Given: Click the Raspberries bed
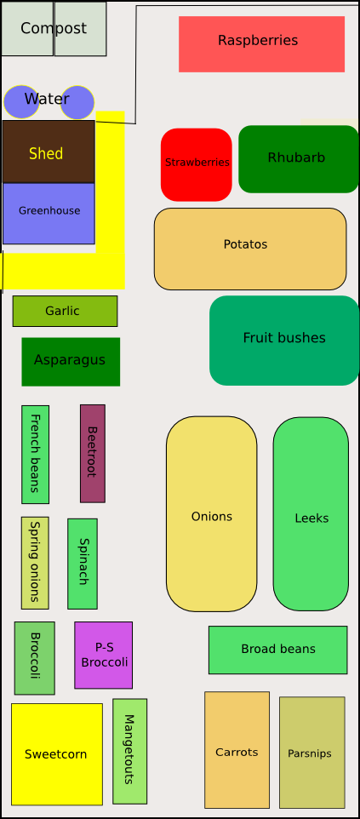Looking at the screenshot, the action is click(x=261, y=44).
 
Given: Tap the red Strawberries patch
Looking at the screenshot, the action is click(x=196, y=164).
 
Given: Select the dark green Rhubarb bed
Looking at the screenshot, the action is click(x=299, y=159).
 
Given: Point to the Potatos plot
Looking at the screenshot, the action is click(x=250, y=249).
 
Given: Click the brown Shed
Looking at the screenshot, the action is click(x=49, y=152).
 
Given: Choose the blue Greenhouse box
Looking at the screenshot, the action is click(x=49, y=213).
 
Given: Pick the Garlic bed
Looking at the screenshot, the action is click(x=65, y=311).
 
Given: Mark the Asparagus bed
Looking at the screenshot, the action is click(x=71, y=362).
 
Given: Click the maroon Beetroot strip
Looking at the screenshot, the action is click(x=93, y=454).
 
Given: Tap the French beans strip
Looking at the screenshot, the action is click(x=35, y=455).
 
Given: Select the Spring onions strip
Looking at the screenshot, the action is click(x=35, y=563).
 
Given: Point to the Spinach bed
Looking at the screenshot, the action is click(x=82, y=564).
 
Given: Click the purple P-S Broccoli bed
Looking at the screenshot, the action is click(x=104, y=655).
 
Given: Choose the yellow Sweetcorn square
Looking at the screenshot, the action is click(x=57, y=754).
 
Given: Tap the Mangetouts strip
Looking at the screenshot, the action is click(x=129, y=751).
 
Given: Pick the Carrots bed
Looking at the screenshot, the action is click(x=237, y=749).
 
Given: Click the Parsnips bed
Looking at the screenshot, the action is click(x=312, y=752).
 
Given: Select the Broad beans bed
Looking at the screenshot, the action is click(x=278, y=650).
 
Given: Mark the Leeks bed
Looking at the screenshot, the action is click(x=311, y=513).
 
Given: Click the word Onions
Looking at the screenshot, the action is click(x=212, y=517).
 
